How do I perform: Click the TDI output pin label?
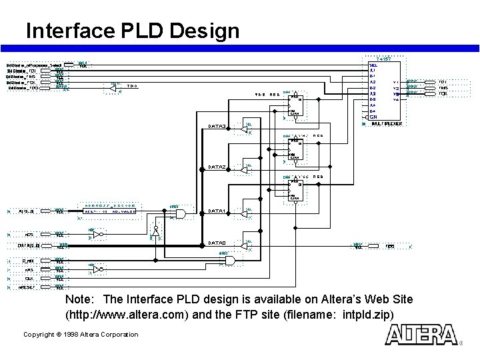tap(443, 81)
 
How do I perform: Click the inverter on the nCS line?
tap(98, 235)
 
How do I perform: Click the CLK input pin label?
tap(29, 279)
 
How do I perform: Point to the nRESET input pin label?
tap(27, 287)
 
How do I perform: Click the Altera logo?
tap(422, 335)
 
